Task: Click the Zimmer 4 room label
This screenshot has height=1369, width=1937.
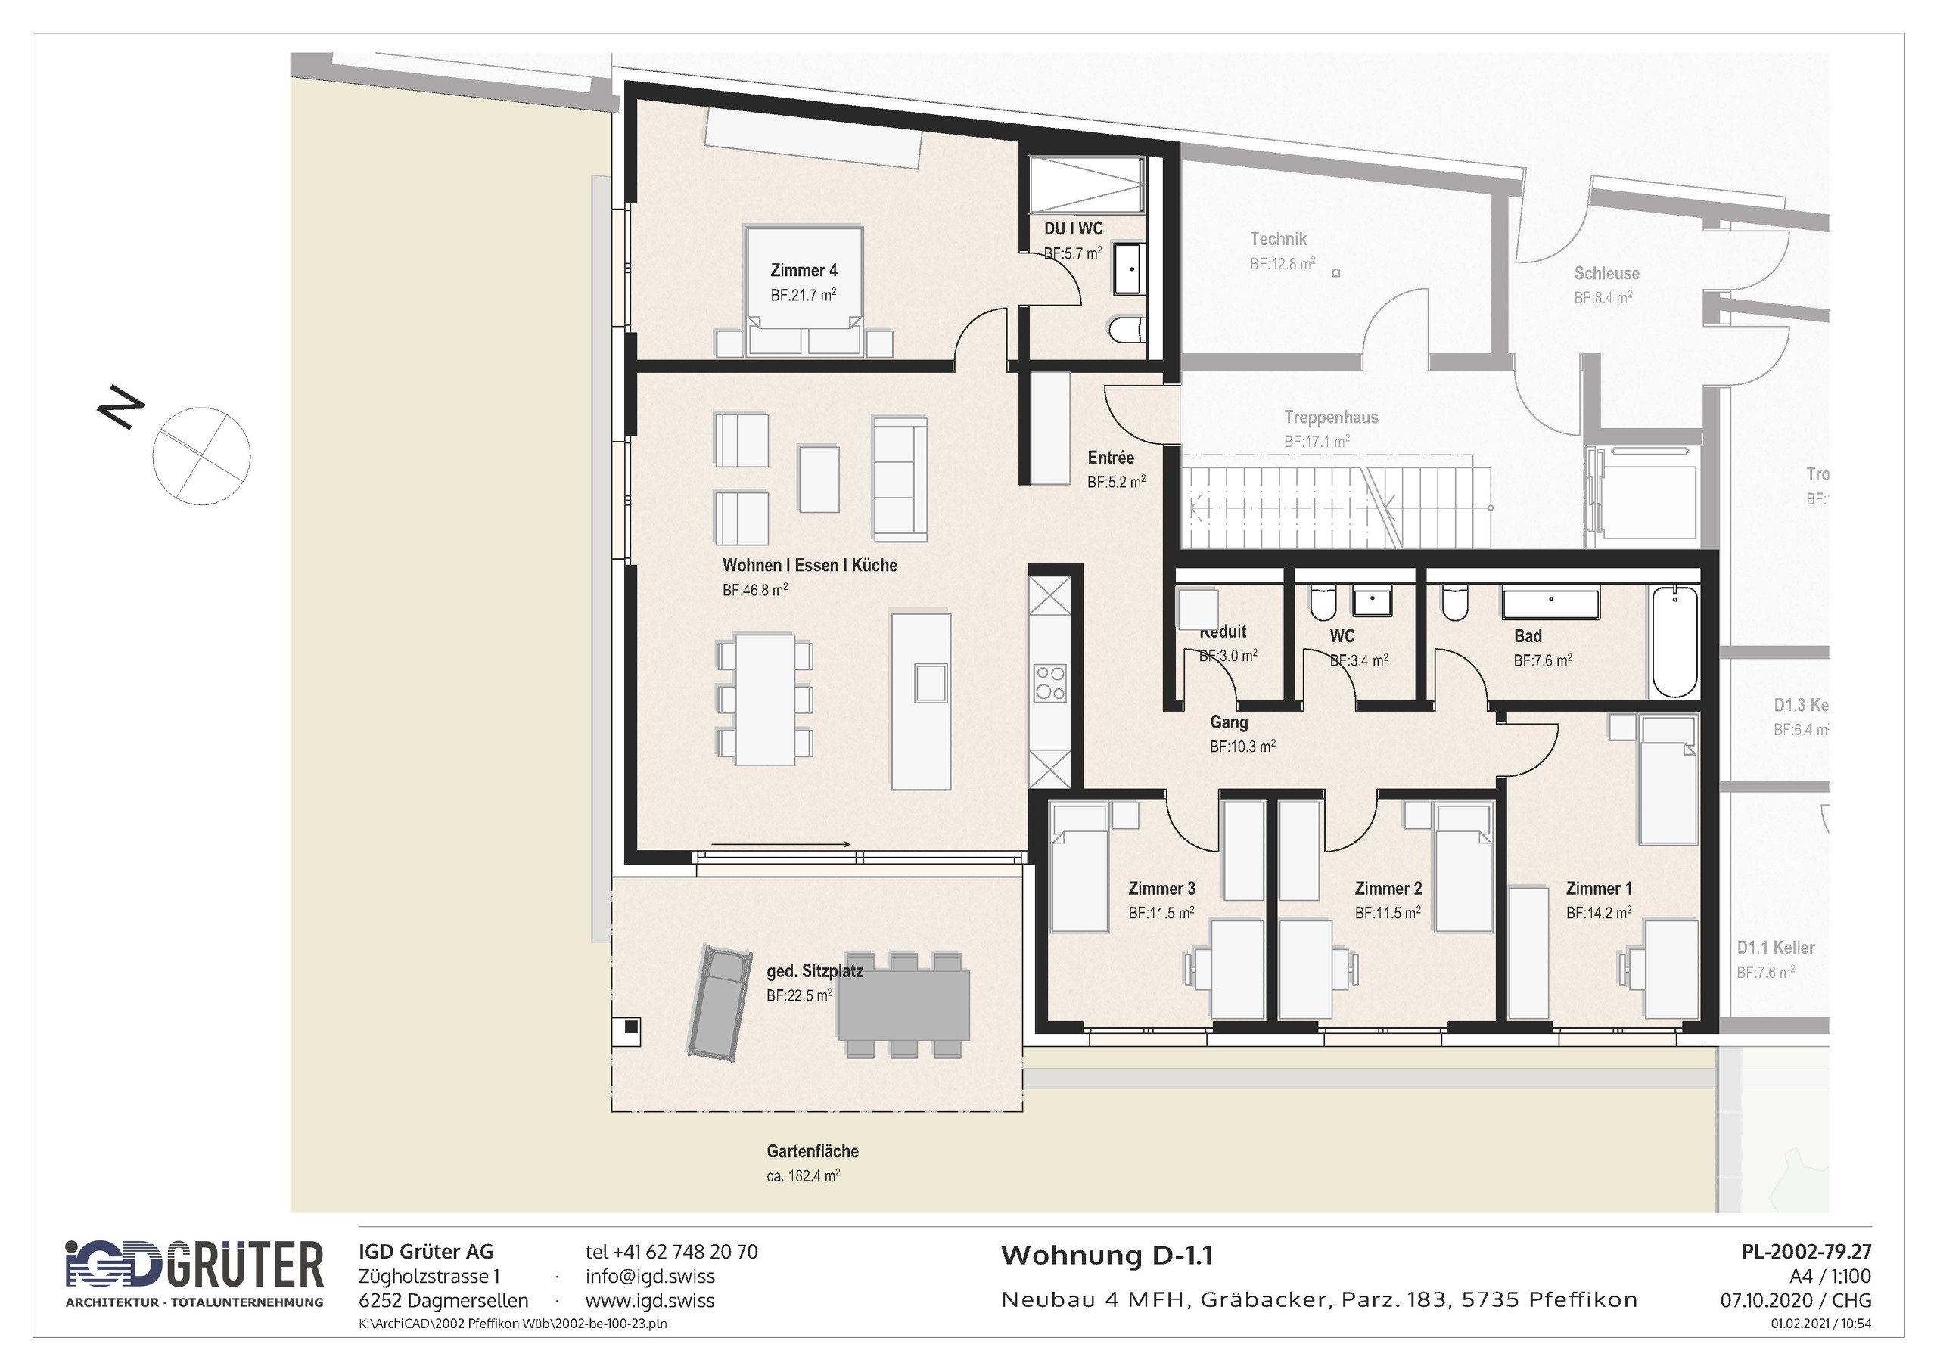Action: click(x=803, y=271)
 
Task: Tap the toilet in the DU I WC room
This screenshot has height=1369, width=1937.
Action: click(x=1129, y=330)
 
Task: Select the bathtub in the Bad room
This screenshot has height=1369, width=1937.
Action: click(x=1674, y=642)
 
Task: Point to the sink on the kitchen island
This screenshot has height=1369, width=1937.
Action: click(x=930, y=682)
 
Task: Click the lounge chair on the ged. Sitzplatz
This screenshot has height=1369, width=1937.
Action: click(x=719, y=1002)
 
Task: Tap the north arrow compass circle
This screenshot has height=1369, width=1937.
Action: click(x=201, y=456)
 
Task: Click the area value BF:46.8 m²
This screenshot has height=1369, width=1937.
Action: click(x=755, y=591)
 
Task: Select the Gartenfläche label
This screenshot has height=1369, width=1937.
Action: click(x=813, y=1151)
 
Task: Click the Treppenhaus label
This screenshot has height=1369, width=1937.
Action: click(x=1330, y=418)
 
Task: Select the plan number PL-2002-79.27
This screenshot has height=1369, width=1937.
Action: click(x=1805, y=1252)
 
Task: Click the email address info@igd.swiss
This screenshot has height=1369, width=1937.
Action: click(x=650, y=1276)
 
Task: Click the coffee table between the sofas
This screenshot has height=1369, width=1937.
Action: click(x=819, y=478)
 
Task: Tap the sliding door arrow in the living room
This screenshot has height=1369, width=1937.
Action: click(x=780, y=843)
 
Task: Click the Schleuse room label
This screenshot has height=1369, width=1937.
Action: click(x=1606, y=273)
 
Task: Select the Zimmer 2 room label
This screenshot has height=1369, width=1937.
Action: click(x=1388, y=888)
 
